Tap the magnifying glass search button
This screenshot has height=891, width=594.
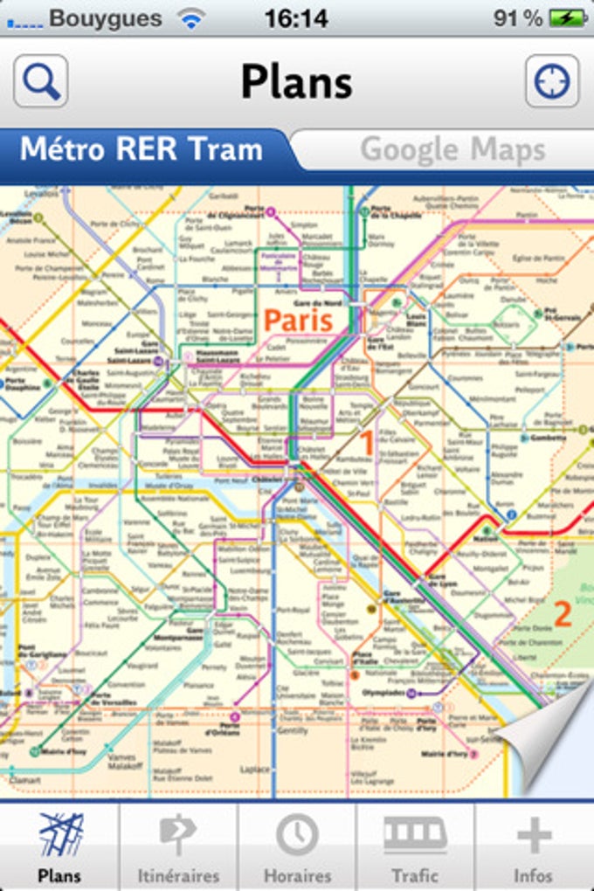41,81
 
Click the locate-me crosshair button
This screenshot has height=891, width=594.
552,81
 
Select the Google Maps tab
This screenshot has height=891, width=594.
452,149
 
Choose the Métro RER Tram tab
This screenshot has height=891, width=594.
142,149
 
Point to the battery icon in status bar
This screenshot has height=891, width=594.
567,18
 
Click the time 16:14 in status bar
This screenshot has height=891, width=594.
296,18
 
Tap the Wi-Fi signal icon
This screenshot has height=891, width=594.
190,18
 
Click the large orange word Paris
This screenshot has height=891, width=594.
299,320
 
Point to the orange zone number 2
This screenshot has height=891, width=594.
563,614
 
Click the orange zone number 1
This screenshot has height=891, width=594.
368,444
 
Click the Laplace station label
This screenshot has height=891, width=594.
254,770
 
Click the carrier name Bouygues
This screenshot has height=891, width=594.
105,18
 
